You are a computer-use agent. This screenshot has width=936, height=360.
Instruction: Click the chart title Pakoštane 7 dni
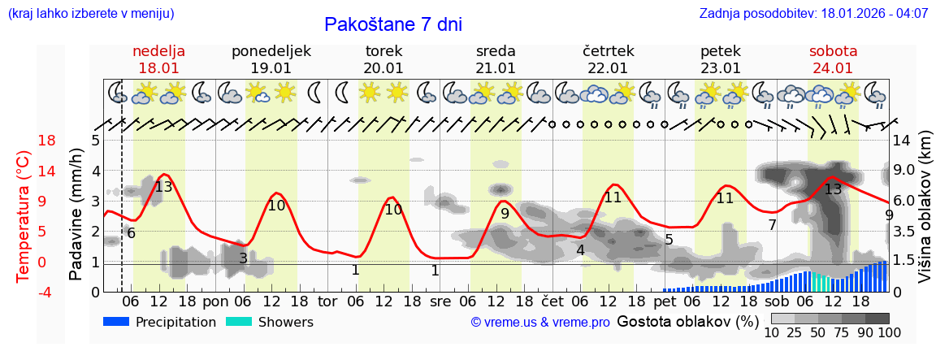point(392,24)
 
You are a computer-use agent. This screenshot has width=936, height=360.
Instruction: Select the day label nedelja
point(158,51)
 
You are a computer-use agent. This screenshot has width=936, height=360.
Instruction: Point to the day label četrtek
point(608,51)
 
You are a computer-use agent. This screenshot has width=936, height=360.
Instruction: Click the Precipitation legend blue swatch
point(116,322)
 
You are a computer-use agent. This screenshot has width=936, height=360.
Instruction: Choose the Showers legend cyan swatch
point(239,322)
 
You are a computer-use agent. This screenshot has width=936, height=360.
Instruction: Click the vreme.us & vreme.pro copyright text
point(540,322)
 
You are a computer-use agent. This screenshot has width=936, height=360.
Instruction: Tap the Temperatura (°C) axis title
point(24,215)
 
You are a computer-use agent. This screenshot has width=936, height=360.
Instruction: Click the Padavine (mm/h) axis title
point(76,215)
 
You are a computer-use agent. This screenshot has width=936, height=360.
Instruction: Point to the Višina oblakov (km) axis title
point(925,215)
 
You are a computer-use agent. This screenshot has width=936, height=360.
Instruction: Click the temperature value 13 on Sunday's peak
point(163,187)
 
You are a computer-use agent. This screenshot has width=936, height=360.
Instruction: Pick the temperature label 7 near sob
point(772,224)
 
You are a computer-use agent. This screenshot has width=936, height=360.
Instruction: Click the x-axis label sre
point(440,301)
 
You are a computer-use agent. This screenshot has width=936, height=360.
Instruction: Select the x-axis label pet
point(664,301)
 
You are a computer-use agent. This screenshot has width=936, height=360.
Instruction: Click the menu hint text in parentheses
point(91,14)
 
